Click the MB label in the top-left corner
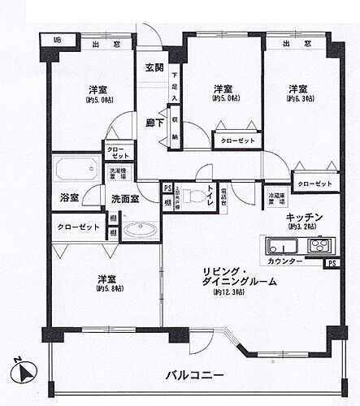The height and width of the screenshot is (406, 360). pyautogui.click(x=57, y=40)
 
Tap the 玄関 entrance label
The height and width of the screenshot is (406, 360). pyautogui.click(x=155, y=67)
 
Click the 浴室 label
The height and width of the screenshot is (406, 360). pyautogui.click(x=69, y=197)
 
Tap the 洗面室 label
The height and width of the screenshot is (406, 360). pyautogui.click(x=124, y=197)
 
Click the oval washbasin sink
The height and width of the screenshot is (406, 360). pyautogui.click(x=144, y=230)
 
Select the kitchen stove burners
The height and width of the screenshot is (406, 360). pyautogui.click(x=318, y=245)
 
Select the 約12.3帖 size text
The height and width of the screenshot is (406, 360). pyautogui.click(x=231, y=292)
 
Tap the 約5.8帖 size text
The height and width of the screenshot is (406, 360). pyautogui.click(x=108, y=288)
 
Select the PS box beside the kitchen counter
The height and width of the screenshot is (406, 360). pyautogui.click(x=332, y=263)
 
